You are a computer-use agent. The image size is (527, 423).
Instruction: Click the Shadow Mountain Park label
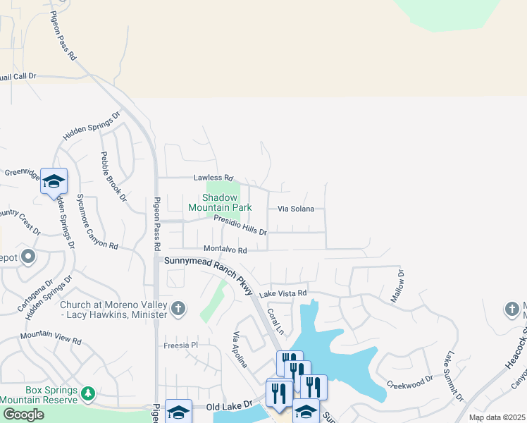[220, 203]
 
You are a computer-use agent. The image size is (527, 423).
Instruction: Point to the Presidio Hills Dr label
[240, 226]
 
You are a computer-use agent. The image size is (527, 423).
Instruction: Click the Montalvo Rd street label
[225, 250]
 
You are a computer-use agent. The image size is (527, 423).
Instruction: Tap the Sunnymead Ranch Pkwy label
[209, 270]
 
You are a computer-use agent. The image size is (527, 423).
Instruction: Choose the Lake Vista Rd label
[284, 293]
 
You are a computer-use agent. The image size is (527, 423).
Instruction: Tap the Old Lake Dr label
[229, 405]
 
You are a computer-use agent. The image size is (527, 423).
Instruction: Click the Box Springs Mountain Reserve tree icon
[88, 393]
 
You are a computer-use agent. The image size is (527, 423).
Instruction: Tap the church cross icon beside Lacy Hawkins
[179, 308]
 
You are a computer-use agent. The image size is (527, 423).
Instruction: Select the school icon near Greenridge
[54, 183]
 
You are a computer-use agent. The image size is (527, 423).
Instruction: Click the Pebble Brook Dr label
[113, 176]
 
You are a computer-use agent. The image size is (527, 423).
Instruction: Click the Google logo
[23, 415]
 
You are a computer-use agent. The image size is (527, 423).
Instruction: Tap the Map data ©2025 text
[497, 417]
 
